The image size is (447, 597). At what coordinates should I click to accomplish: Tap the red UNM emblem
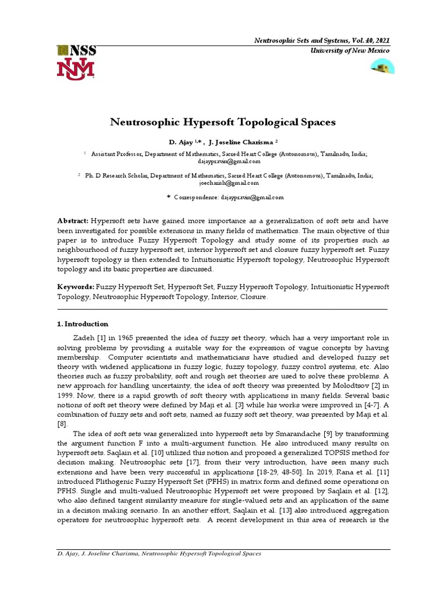coord(75,69)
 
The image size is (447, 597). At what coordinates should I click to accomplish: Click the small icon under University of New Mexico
coord(382,68)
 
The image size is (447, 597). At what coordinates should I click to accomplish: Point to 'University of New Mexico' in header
coord(347,51)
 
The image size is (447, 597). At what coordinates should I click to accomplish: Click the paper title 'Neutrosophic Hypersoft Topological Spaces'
coord(223,123)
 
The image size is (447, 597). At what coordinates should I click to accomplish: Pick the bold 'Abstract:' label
coord(73,221)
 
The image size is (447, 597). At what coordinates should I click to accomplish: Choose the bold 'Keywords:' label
coord(76,287)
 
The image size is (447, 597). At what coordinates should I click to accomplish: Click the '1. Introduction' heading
coord(83,324)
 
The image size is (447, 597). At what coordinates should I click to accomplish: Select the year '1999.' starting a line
coord(67,395)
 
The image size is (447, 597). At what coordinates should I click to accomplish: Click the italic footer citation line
coord(159,553)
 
